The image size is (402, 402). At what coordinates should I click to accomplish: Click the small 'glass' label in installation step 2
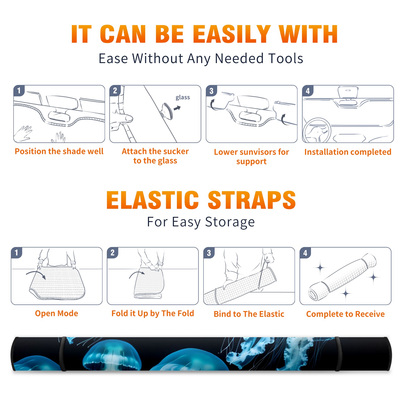(x=183, y=97)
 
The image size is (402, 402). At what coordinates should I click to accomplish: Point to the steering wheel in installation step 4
(x=317, y=130)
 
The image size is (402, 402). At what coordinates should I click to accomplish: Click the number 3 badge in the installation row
(x=212, y=91)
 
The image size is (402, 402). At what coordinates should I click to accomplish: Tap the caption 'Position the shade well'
(x=59, y=151)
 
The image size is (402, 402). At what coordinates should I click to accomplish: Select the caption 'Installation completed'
(x=348, y=152)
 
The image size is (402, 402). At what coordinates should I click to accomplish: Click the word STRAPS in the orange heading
(x=252, y=200)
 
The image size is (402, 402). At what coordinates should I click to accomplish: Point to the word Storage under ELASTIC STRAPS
(x=230, y=222)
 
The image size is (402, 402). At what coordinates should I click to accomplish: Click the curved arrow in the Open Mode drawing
(x=36, y=274)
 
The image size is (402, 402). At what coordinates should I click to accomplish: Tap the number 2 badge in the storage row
(x=113, y=253)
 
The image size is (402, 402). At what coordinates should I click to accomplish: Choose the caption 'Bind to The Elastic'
(x=249, y=314)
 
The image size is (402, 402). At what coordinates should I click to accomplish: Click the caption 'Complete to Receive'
(x=345, y=314)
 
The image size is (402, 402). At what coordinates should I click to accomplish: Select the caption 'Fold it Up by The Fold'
(x=153, y=314)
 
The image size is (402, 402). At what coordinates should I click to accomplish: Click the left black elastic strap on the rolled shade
(x=63, y=354)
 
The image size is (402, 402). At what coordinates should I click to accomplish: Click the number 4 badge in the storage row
(x=305, y=253)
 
